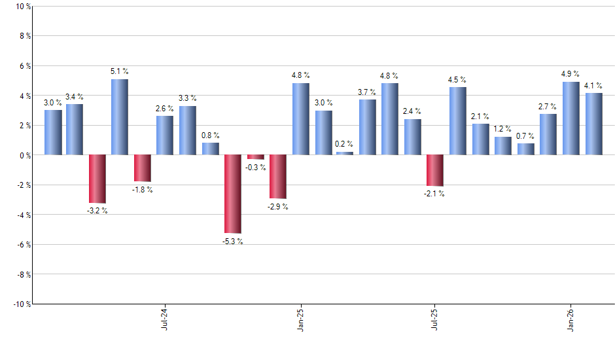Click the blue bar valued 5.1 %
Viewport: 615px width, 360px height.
(119, 117)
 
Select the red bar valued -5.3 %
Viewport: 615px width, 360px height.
(233, 194)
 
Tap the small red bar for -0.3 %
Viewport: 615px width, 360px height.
(256, 157)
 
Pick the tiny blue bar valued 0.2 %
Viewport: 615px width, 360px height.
(345, 153)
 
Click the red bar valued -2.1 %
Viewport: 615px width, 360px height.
(435, 170)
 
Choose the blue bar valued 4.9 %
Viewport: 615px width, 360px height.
(571, 118)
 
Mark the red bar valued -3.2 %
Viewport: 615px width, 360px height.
(97, 179)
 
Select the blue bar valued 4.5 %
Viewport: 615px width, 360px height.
(458, 121)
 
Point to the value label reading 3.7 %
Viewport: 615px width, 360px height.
(368, 92)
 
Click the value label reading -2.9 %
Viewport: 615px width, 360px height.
(278, 207)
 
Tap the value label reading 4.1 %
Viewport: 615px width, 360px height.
(594, 85)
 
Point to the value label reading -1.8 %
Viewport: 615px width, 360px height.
(143, 190)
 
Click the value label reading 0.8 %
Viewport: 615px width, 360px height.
(211, 135)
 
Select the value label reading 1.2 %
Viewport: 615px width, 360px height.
(503, 129)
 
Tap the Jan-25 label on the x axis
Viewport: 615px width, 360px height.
(300, 318)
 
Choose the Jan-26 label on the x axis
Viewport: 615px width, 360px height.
(571, 318)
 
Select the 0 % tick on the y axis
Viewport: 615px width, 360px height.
(24, 155)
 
